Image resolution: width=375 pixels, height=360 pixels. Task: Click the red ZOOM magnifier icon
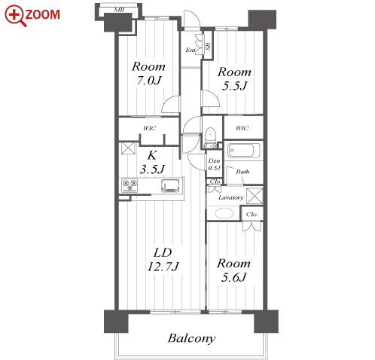coord(15,16)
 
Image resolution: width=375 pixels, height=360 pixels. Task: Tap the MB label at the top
coord(119,10)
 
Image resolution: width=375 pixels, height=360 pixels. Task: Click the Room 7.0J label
coord(148,73)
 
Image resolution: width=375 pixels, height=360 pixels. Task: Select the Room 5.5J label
coord(234,79)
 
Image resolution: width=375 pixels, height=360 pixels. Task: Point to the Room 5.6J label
coord(233,270)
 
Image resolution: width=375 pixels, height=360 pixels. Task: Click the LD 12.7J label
coord(163,260)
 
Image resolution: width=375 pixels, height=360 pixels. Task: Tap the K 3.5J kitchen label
coord(152,163)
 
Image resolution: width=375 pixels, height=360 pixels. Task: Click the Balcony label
coord(191,338)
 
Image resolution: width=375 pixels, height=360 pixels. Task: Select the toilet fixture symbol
coord(210,138)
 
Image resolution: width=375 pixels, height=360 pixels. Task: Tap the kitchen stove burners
coord(130,185)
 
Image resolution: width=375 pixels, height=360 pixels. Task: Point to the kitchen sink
coord(170,186)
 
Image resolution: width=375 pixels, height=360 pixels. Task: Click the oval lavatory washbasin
coord(224,213)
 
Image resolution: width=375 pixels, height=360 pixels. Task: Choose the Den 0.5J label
coord(214,164)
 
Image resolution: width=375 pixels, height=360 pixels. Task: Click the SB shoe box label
coord(208,46)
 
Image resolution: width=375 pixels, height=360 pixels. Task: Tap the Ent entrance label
coord(191,50)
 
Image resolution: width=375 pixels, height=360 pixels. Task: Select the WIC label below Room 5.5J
coord(242,128)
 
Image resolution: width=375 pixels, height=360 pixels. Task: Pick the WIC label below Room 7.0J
coord(150,128)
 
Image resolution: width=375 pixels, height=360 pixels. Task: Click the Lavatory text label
coord(231,197)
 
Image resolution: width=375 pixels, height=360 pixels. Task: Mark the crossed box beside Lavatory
coord(255,196)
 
